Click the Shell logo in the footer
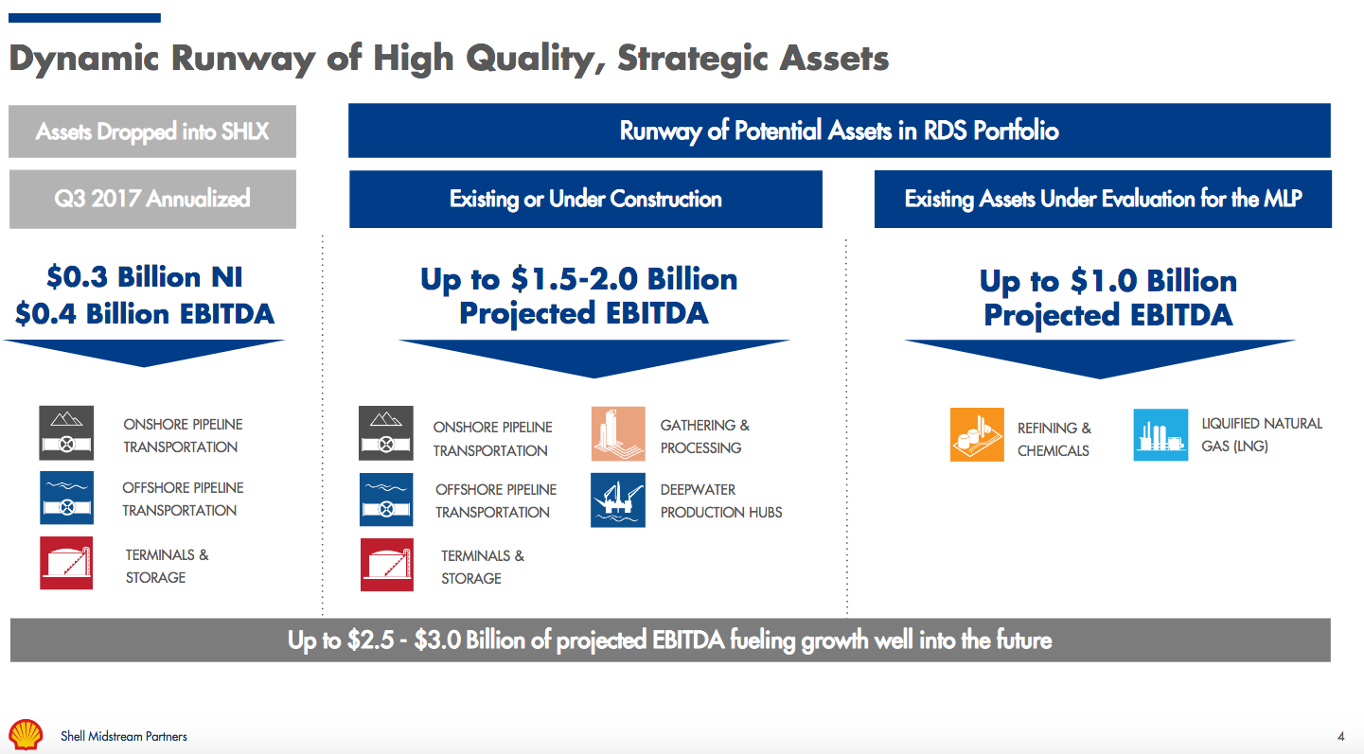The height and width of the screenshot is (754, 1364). click(27, 735)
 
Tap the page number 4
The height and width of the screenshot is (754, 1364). click(1340, 737)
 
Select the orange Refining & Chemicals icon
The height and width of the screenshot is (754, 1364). click(976, 434)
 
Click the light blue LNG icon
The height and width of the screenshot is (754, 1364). click(1160, 434)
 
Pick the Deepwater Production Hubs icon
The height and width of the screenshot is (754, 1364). click(617, 500)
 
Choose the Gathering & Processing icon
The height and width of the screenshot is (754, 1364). click(617, 434)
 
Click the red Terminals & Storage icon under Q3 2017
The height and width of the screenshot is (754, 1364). click(66, 563)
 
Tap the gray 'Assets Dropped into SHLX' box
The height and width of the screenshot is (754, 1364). click(152, 131)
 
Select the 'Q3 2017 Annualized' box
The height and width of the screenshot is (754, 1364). click(152, 199)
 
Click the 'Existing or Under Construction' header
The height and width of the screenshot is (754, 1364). click(585, 199)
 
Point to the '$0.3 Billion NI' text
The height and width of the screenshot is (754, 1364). click(145, 277)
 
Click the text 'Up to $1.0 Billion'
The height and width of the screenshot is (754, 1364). click(1107, 281)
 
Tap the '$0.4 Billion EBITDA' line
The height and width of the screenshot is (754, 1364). click(145, 314)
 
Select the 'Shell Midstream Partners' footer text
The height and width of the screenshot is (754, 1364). click(124, 736)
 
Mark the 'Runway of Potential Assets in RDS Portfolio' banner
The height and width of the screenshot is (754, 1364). click(839, 131)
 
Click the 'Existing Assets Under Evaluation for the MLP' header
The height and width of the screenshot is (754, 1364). click(1102, 199)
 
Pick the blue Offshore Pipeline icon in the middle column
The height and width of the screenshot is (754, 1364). click(386, 500)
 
